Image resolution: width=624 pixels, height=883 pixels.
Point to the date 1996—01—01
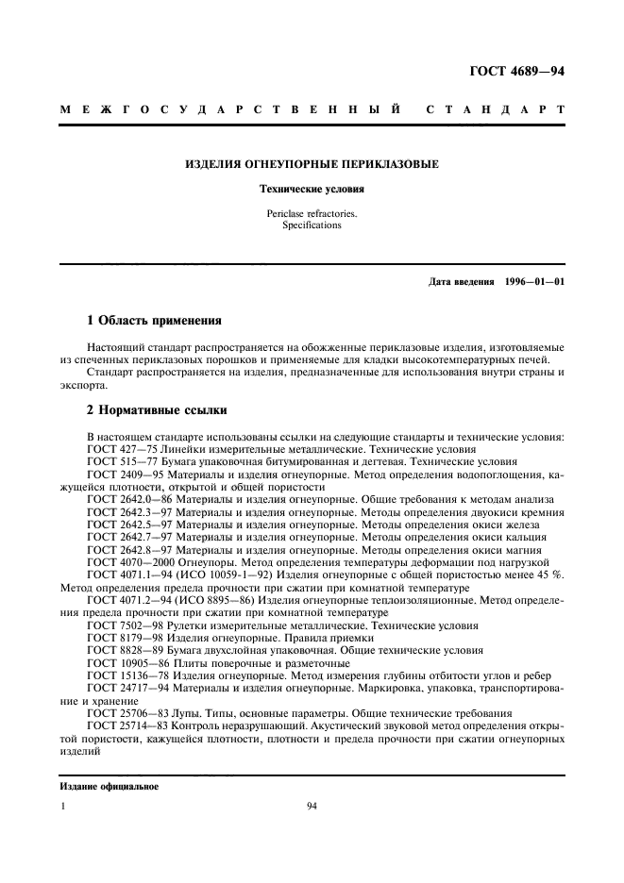pos(534,282)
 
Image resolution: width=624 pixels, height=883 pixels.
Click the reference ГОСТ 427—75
pos(117,449)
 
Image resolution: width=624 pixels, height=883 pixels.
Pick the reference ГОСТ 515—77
pos(117,462)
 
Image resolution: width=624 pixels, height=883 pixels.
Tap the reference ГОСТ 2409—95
pos(121,475)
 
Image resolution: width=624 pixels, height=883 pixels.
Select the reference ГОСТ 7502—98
pos(121,625)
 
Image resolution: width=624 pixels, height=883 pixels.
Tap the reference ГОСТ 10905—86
pos(124,661)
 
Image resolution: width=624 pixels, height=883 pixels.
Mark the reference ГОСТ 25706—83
pos(124,712)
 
